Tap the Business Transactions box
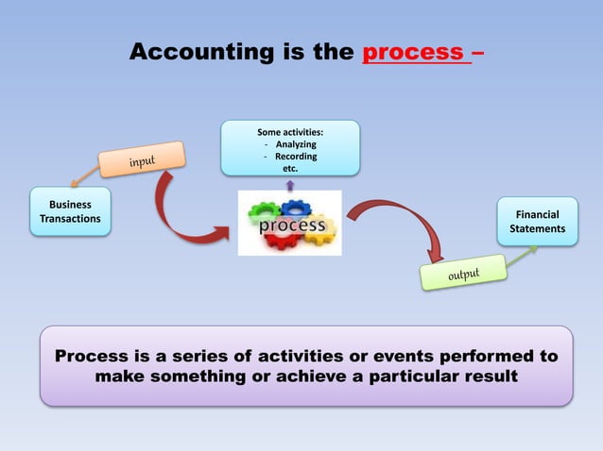[71, 212]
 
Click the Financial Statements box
[537, 222]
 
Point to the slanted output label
[463, 274]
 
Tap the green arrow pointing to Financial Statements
[523, 254]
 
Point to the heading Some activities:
[290, 132]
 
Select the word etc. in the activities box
[290, 169]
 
